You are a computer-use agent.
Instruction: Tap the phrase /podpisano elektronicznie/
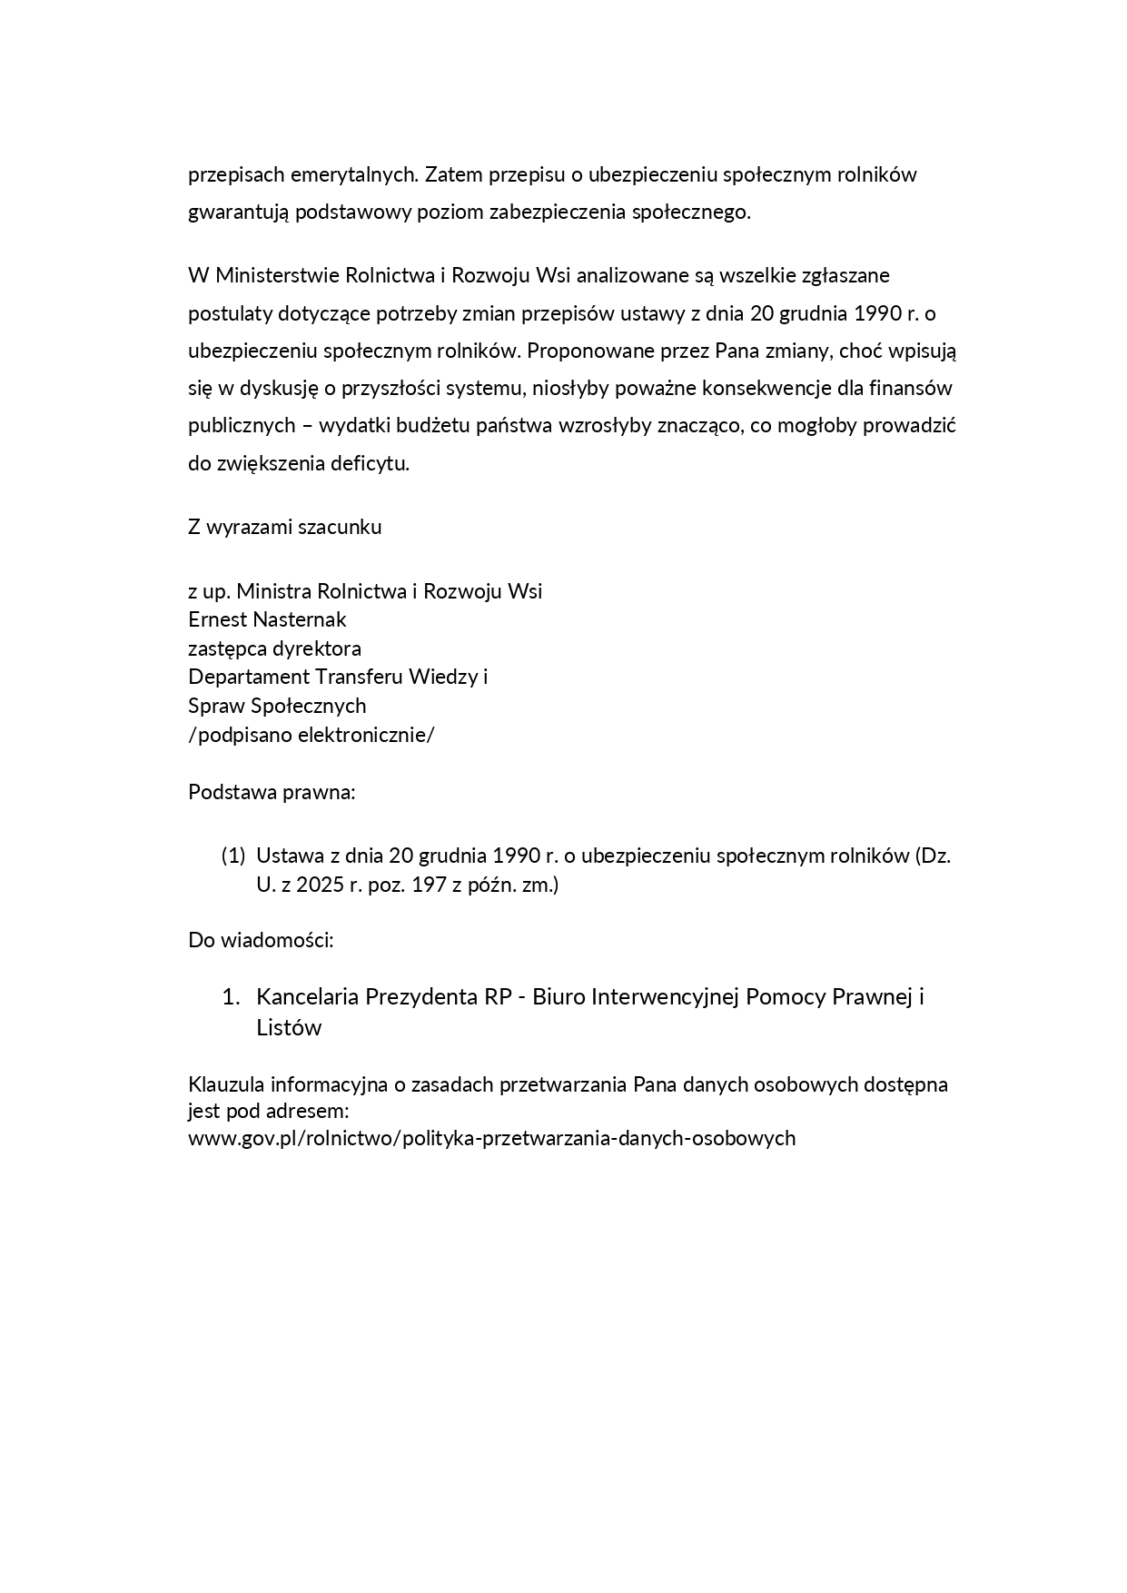(x=311, y=735)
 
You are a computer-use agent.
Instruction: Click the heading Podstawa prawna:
(x=272, y=792)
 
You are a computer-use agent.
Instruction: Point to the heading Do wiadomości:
(x=261, y=940)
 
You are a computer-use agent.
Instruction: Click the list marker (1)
(x=233, y=856)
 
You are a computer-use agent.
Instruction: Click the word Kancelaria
(x=307, y=997)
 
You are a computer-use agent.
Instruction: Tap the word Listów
(x=289, y=1028)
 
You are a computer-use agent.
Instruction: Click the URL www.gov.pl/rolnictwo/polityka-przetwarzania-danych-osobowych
(x=491, y=1138)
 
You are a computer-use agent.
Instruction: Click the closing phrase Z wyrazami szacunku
(x=284, y=527)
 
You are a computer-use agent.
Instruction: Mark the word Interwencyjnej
(x=666, y=997)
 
